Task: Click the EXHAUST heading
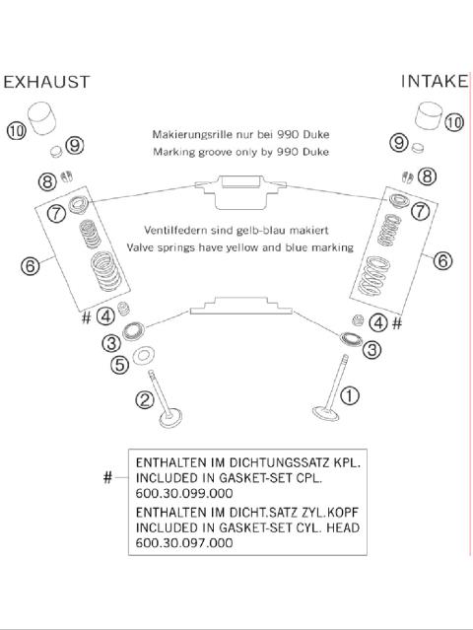(46, 82)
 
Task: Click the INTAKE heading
(435, 81)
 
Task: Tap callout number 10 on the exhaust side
(17, 130)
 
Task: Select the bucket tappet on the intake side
(428, 116)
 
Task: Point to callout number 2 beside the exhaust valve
(145, 399)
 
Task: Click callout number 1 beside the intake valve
(350, 395)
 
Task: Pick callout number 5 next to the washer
(119, 365)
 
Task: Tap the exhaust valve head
(170, 418)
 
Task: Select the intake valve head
(325, 413)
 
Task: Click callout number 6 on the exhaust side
(31, 265)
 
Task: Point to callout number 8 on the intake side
(427, 175)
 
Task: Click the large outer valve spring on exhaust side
(105, 271)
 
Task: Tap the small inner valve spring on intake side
(388, 230)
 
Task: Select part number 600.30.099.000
(184, 493)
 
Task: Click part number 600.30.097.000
(184, 543)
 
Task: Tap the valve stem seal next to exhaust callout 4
(124, 309)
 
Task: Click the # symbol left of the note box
(107, 477)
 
